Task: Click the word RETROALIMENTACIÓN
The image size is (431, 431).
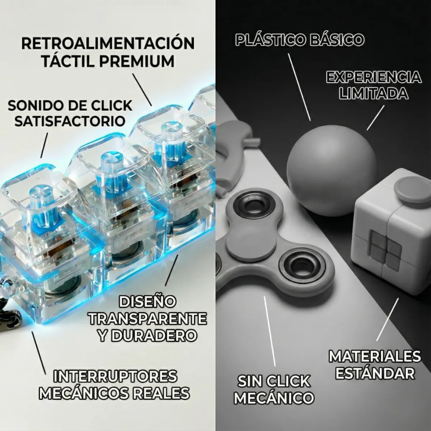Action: point(108,43)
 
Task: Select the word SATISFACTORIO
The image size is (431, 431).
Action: point(70,120)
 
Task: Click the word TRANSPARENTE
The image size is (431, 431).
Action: point(148,318)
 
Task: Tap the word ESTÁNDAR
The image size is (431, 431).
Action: point(375,374)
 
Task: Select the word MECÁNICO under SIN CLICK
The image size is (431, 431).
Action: point(274,398)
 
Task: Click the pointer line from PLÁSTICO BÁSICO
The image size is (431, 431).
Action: point(299,88)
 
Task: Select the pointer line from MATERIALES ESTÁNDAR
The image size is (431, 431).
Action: point(387,319)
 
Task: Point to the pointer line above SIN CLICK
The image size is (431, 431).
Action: point(270,331)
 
